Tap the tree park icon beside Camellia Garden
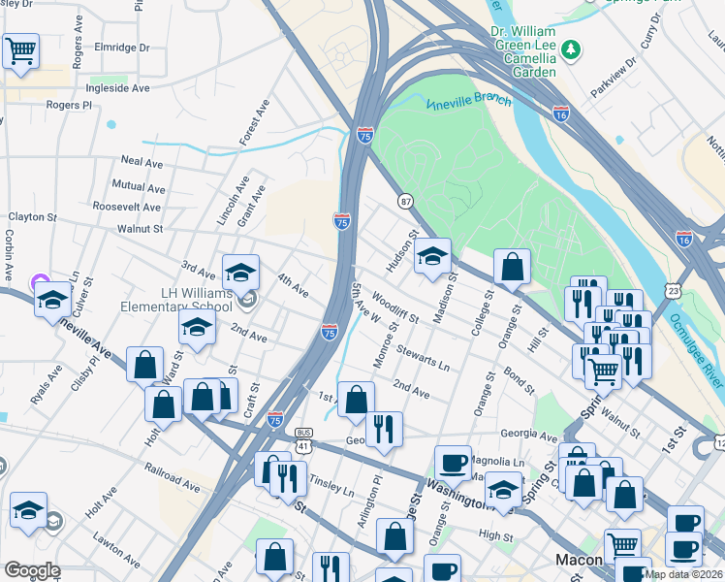[572, 48]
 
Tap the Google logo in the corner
[32, 570]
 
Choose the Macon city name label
[580, 560]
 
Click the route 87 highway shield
[405, 200]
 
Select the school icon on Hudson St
[433, 257]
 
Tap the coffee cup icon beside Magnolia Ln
[452, 463]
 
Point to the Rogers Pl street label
[68, 105]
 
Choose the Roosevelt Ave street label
[126, 207]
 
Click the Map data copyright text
[684, 574]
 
